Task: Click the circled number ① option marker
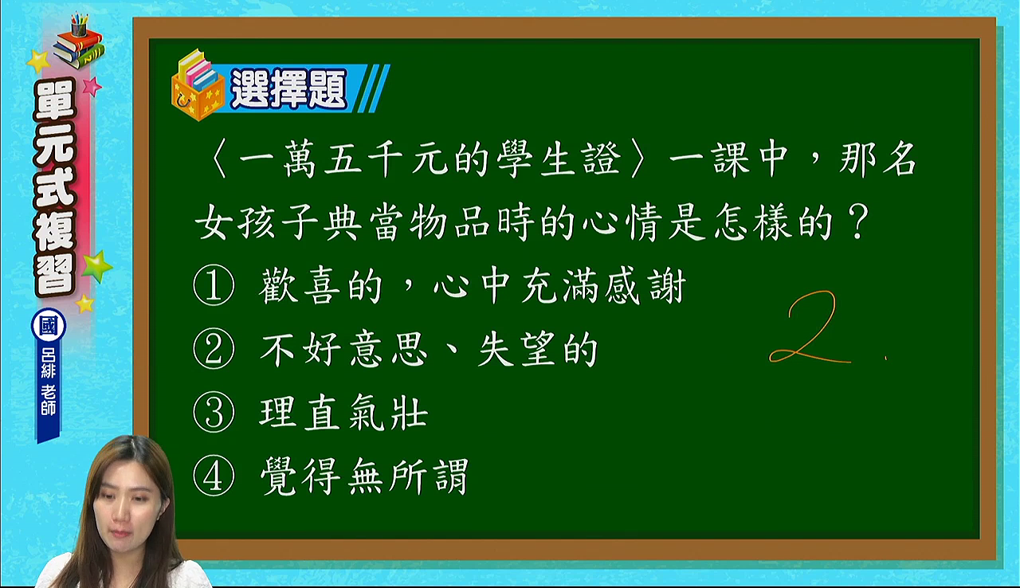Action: tap(214, 285)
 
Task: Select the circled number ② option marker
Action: tap(214, 349)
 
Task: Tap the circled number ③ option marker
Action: tap(214, 413)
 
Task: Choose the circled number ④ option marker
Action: tap(214, 476)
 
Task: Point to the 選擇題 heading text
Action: tap(289, 88)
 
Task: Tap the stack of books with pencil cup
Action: tap(78, 41)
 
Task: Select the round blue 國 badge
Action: tap(49, 326)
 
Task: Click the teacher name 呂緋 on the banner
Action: tap(49, 364)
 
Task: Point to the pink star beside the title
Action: tap(92, 86)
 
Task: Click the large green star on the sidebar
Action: tap(96, 266)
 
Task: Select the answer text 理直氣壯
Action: tap(344, 414)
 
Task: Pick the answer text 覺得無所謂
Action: tap(364, 476)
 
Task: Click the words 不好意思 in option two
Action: tap(344, 350)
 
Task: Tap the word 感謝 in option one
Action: tap(645, 286)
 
